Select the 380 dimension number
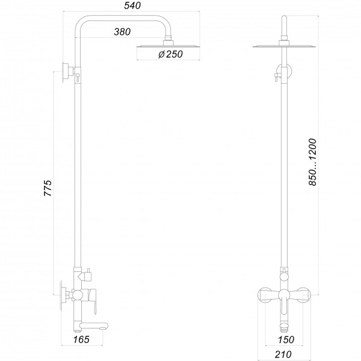point(122,32)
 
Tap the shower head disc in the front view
point(285,46)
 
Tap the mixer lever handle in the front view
point(283,296)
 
